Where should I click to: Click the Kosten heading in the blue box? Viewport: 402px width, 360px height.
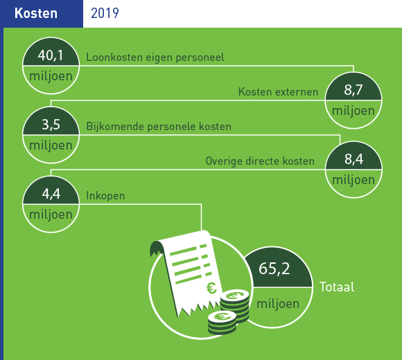36,13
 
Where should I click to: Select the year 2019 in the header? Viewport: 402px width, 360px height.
105,13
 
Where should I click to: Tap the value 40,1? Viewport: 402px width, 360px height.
51,55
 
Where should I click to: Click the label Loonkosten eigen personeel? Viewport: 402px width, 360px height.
155,57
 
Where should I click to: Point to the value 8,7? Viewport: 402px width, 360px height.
353,90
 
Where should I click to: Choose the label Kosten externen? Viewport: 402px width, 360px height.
278,91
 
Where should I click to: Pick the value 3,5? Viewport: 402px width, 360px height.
51,125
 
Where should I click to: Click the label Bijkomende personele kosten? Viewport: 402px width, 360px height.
159,127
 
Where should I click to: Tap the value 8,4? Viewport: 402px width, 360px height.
353,159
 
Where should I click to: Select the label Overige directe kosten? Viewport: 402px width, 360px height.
260,161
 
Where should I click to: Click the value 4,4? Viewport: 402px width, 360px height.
51,194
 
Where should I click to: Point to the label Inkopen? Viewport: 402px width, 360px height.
105,196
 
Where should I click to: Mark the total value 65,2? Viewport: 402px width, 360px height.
274,269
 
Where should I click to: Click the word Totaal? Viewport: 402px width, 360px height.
337,287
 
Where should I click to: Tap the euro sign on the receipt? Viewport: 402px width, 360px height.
211,288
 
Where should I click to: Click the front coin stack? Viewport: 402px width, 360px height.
222,323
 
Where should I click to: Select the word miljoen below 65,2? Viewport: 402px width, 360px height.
278,304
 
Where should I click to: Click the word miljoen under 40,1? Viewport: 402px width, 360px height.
51,77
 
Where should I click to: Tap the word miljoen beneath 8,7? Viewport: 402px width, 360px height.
353,111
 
